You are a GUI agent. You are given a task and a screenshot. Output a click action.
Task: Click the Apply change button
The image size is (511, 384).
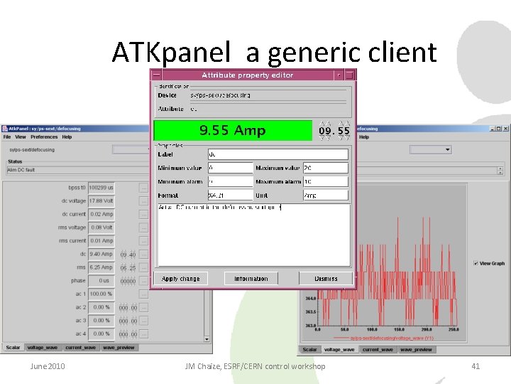point(180,279)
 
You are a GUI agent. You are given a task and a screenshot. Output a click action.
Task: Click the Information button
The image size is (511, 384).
point(251,279)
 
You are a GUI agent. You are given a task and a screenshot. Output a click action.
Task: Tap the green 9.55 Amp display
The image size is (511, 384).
point(232,130)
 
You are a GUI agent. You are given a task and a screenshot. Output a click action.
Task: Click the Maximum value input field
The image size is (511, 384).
point(325,168)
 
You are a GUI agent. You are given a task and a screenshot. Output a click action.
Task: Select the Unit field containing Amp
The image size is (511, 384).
point(325,195)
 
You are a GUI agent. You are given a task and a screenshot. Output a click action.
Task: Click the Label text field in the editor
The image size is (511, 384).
point(278,154)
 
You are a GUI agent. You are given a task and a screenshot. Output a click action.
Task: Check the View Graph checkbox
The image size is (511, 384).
point(476,263)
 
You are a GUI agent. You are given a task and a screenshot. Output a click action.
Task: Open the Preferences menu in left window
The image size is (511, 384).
point(44,137)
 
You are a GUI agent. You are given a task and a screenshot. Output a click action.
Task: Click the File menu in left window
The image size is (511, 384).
point(7,137)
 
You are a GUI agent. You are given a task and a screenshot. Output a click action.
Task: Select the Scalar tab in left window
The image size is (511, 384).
point(13,348)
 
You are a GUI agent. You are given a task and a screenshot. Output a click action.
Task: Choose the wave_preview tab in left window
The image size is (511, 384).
point(119,348)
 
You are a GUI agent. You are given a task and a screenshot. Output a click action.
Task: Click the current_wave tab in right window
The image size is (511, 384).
point(375,350)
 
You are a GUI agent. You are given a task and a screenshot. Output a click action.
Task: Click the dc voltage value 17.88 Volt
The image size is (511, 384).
point(101,201)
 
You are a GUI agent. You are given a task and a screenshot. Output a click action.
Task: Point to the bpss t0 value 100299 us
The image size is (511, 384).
point(101,187)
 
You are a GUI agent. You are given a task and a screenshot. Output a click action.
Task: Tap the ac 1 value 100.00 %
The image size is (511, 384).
point(101,294)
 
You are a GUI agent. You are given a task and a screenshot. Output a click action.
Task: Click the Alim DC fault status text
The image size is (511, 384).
point(21,170)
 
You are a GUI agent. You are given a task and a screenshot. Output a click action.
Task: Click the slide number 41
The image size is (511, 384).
point(476,366)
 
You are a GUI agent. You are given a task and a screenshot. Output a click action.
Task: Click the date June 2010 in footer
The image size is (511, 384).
point(47,366)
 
